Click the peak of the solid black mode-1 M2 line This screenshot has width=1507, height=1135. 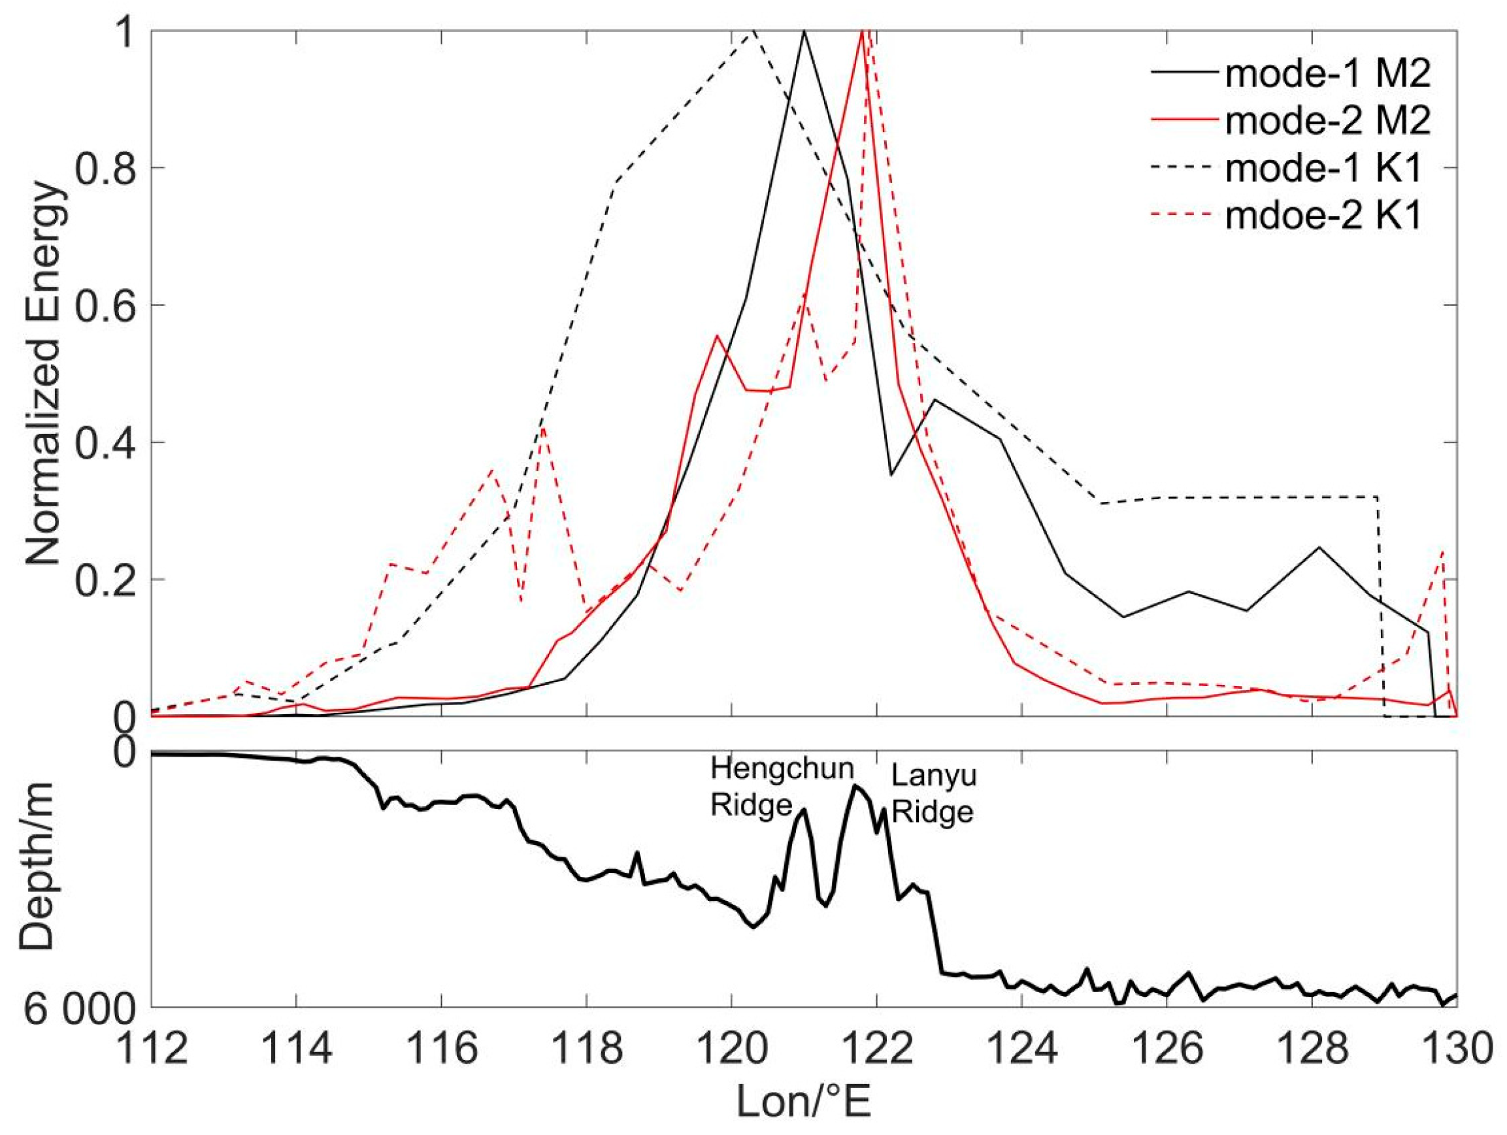(x=804, y=31)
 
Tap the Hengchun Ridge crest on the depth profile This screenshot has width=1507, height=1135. (x=804, y=810)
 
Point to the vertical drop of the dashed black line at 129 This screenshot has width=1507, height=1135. (x=1380, y=606)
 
